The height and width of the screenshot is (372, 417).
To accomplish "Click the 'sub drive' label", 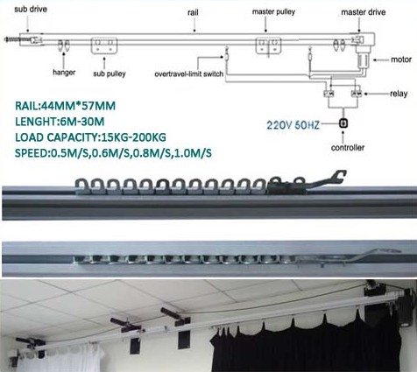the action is (x=31, y=9).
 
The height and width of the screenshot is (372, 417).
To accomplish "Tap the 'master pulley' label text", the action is (x=273, y=12).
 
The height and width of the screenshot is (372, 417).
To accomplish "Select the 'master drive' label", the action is (x=364, y=12).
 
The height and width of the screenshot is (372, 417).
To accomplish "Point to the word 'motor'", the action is (x=401, y=60).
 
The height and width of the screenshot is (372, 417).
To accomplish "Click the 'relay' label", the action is (x=399, y=94).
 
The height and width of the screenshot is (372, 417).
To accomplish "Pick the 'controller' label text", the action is (x=348, y=148).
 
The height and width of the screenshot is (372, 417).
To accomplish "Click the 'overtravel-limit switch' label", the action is (x=189, y=74).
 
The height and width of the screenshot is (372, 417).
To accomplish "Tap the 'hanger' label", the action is (x=64, y=73).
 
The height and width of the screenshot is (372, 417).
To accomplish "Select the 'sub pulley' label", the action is (x=110, y=74).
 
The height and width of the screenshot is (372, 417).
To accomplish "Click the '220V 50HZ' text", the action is (x=293, y=125).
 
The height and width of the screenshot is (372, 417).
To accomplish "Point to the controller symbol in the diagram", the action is (x=343, y=123).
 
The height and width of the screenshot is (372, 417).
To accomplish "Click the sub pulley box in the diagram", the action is (x=104, y=46).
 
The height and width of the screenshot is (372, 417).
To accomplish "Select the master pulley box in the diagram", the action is (x=268, y=46).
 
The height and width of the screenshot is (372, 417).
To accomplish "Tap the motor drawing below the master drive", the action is (x=363, y=60).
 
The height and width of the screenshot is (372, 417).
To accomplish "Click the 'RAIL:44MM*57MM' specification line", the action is (x=65, y=106).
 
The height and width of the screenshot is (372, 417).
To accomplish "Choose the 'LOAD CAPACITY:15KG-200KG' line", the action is (x=90, y=137).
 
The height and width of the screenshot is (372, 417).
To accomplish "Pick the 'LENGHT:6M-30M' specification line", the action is (x=60, y=122).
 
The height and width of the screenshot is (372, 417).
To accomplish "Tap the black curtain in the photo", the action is (x=305, y=344).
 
